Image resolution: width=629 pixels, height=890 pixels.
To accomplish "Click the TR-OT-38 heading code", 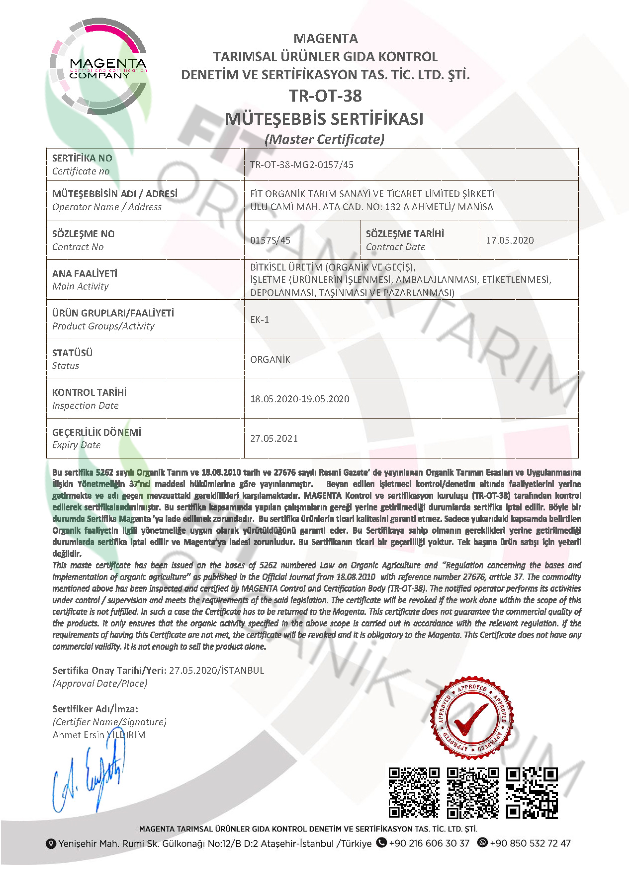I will click(325, 96).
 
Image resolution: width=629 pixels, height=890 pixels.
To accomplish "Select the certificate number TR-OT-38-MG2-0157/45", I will click(302, 165).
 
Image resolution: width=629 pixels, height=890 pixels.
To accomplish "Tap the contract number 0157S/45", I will click(270, 240).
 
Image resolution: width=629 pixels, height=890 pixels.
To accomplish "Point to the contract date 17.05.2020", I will click(510, 240).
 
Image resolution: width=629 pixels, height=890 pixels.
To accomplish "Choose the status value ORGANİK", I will click(270, 360).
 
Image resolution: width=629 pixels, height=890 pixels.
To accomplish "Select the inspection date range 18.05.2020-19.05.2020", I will click(300, 399).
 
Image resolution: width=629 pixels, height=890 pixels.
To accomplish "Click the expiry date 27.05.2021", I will click(274, 439).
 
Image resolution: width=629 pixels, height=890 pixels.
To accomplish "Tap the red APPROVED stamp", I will click(472, 718).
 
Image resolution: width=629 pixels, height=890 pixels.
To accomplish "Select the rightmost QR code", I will click(532, 793).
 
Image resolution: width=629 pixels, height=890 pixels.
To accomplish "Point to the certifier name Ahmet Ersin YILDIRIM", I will click(99, 735).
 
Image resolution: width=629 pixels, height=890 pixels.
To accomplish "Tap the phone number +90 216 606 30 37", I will click(429, 844).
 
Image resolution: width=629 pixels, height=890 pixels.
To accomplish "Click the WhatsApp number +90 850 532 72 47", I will click(530, 844).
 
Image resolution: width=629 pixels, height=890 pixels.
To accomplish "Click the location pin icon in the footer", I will click(51, 844).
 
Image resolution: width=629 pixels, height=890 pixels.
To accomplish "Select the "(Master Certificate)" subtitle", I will click(324, 139).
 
